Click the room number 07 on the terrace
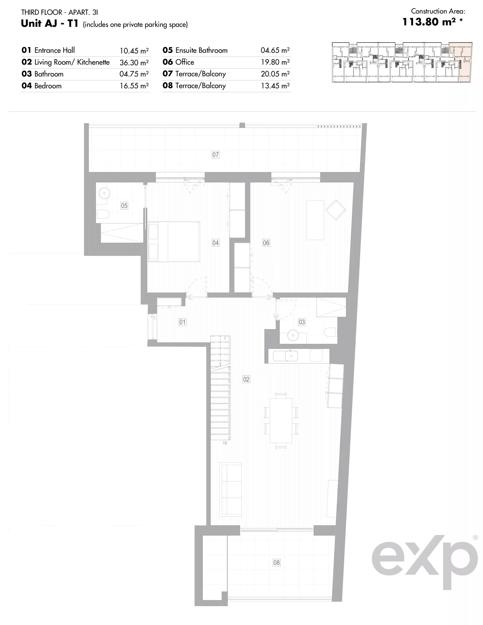click(x=215, y=155)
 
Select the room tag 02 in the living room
click(x=246, y=379)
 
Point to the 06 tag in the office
click(x=266, y=243)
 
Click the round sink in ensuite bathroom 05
click(x=104, y=193)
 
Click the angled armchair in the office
click(x=336, y=210)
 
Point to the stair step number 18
click(x=225, y=443)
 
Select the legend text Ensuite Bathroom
click(x=201, y=50)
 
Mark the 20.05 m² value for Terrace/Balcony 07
click(x=275, y=74)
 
